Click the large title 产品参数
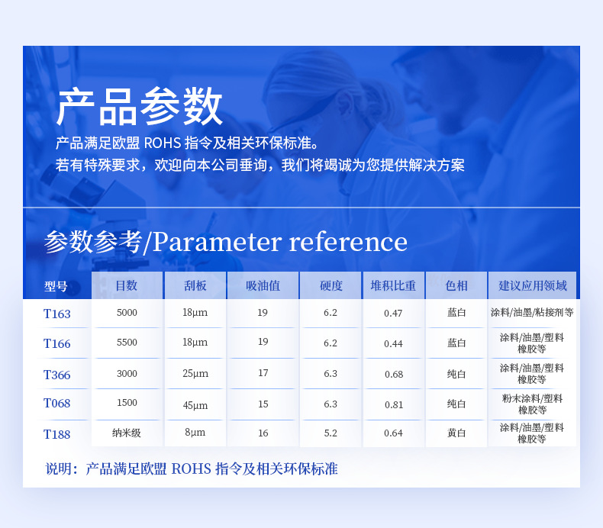click(x=139, y=107)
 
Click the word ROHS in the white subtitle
click(x=163, y=143)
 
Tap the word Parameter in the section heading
click(x=218, y=243)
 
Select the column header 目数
click(x=127, y=285)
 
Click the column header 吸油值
click(x=263, y=285)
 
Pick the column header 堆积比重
click(x=393, y=285)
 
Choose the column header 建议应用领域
click(x=533, y=285)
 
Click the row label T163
click(x=57, y=314)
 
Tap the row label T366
click(x=57, y=375)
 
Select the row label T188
click(x=57, y=434)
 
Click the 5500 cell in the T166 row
click(x=127, y=343)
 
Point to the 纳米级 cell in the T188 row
click(x=127, y=433)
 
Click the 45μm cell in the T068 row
click(x=195, y=405)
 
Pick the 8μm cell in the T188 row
click(x=195, y=433)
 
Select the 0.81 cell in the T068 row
click(x=394, y=405)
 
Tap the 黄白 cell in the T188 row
click(x=456, y=433)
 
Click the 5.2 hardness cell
click(x=331, y=433)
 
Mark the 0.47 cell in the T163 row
click(x=393, y=314)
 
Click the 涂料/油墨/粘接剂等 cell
click(x=532, y=312)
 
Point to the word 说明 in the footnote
click(x=59, y=468)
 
